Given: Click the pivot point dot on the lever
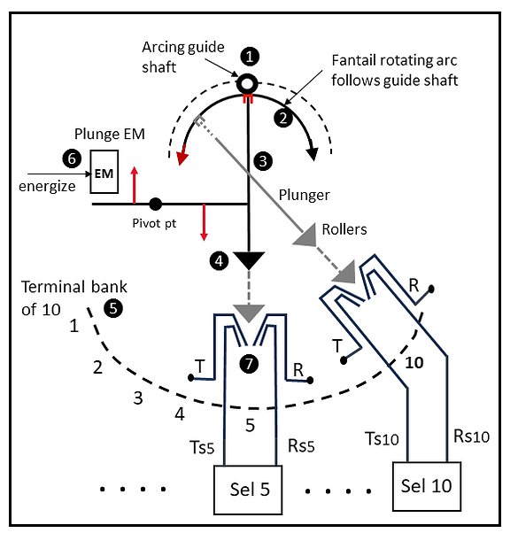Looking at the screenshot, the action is [x=156, y=204].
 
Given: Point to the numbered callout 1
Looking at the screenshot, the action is [x=250, y=57].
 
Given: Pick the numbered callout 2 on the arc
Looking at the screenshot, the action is [x=283, y=118].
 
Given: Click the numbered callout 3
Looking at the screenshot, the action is [x=263, y=161].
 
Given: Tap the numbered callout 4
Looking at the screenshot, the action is [x=219, y=260].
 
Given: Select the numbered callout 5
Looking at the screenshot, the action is [x=113, y=308].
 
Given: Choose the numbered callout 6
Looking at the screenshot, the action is [x=72, y=158].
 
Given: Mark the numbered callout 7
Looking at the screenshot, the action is [x=249, y=364].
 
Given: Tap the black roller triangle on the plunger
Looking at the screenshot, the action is [x=249, y=260].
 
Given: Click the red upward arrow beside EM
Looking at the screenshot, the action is [x=135, y=185].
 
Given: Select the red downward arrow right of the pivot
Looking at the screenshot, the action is [x=204, y=222].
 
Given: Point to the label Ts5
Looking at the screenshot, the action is [x=202, y=447].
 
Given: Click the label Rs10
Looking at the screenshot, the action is [x=472, y=436].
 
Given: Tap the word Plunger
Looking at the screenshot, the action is [x=305, y=195].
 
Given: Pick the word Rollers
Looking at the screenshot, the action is [x=344, y=229].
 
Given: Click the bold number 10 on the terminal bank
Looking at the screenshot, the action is [x=414, y=363].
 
